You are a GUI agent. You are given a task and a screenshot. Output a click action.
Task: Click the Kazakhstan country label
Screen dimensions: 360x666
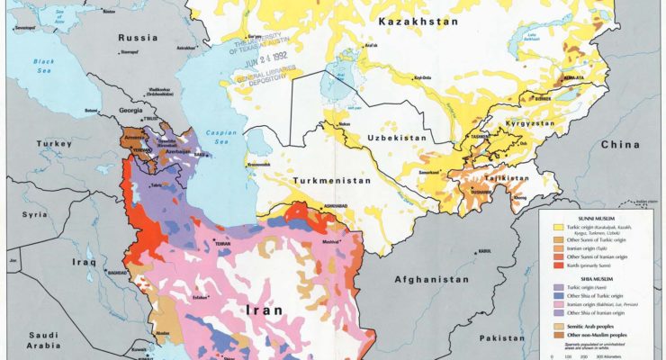pyautogui.click(x=419, y=21)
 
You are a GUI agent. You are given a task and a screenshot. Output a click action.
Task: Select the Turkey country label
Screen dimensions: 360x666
pyautogui.click(x=52, y=144)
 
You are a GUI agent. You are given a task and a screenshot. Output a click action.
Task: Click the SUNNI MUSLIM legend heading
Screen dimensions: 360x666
pyautogui.click(x=574, y=217)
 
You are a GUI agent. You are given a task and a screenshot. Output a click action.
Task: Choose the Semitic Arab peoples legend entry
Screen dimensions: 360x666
pyautogui.click(x=589, y=320)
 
